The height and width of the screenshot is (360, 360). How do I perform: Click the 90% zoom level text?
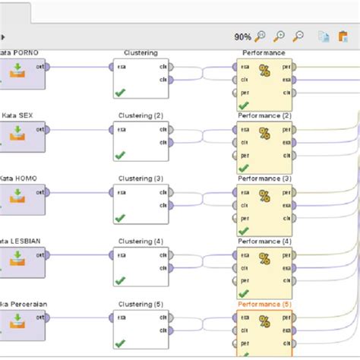[x=242, y=36]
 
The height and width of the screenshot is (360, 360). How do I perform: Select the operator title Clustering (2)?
[x=141, y=115]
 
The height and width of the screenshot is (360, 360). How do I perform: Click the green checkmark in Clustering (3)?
[x=119, y=218]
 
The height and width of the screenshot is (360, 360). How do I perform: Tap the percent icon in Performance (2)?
[x=264, y=133]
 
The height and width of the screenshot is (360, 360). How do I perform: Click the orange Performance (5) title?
[x=264, y=305]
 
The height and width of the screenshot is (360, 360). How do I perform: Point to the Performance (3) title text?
[x=264, y=178]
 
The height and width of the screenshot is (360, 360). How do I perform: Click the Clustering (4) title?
[x=141, y=242]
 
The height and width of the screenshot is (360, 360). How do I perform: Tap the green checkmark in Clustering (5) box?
[x=119, y=344]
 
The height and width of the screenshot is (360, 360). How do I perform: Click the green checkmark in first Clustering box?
[x=119, y=93]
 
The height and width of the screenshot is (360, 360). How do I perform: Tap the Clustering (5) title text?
[x=141, y=305]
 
